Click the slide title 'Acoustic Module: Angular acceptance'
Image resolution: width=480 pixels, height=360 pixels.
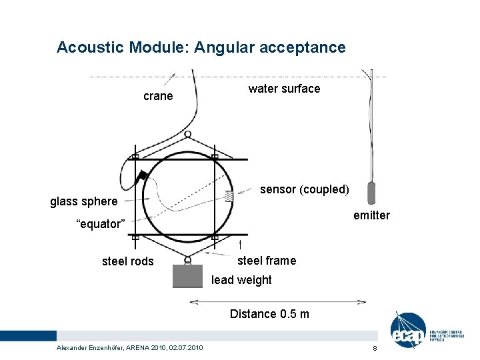(201, 47)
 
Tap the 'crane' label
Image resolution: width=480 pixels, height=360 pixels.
(158, 96)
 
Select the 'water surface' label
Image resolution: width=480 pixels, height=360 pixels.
(284, 89)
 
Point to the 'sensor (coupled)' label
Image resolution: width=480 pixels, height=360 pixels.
(304, 189)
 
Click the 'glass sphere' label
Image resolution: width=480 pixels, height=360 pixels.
(84, 201)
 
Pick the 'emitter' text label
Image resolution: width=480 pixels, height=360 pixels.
(371, 215)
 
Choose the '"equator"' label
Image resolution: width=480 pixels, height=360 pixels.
(100, 224)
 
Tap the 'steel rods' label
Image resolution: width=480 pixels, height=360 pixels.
(127, 261)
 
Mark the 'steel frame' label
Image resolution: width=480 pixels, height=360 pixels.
(267, 260)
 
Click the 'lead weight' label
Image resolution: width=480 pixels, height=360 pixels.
(241, 280)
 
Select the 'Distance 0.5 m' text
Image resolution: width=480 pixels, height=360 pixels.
(269, 313)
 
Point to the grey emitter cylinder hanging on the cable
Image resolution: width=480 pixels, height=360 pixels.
(371, 192)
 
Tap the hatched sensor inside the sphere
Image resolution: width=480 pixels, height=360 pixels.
(229, 196)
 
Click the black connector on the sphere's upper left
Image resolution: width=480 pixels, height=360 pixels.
(141, 176)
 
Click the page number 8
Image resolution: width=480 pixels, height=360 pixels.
(375, 349)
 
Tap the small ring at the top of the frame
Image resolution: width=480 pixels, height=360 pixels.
(187, 134)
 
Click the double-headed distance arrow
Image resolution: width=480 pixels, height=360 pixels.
(277, 301)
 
